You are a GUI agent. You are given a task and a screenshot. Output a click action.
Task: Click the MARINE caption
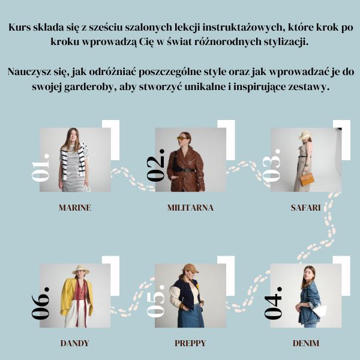[x=75, y=208]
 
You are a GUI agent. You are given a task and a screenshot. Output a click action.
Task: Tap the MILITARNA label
[x=190, y=208]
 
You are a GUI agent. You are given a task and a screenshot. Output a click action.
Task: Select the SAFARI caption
[x=305, y=208]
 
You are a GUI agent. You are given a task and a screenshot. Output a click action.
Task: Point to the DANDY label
[x=74, y=343]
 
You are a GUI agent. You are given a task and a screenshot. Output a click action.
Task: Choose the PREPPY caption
[x=190, y=343]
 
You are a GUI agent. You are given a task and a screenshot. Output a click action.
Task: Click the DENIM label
[x=306, y=343]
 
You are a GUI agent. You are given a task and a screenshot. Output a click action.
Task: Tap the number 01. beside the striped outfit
[x=41, y=167]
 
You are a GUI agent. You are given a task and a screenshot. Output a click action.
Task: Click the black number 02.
[x=156, y=166]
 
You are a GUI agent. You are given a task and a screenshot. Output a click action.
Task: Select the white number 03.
[x=272, y=166]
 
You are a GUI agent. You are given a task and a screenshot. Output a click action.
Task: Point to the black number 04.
[x=273, y=302]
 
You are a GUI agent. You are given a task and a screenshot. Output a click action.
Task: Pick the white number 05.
[x=156, y=301]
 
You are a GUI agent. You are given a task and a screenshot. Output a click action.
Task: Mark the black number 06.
[x=40, y=303]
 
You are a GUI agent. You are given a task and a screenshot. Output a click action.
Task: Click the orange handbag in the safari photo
[x=307, y=179]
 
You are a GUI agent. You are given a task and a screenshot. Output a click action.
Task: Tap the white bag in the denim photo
[x=320, y=310]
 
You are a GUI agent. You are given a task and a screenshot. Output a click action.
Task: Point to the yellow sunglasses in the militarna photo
[x=182, y=138]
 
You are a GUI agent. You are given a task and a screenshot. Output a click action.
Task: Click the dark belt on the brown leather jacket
[x=185, y=170]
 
